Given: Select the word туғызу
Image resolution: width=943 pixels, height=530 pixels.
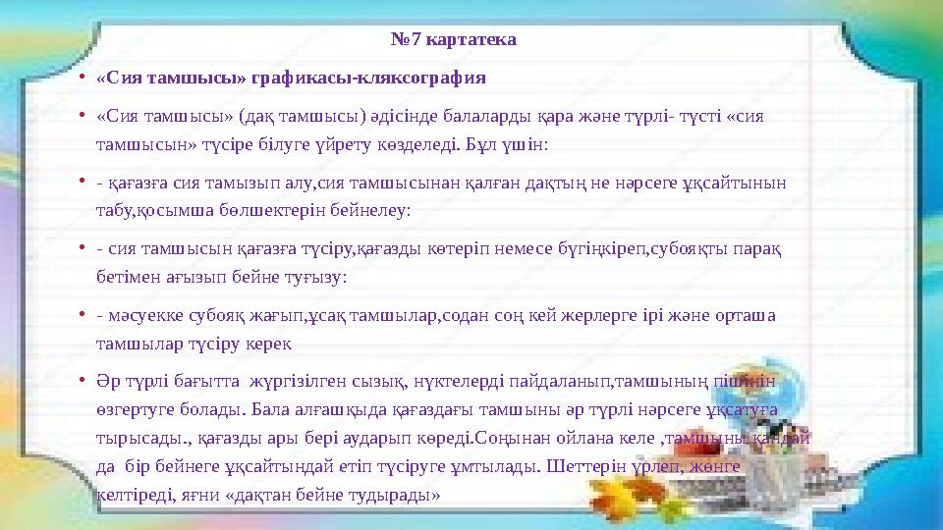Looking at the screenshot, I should click(x=314, y=276).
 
